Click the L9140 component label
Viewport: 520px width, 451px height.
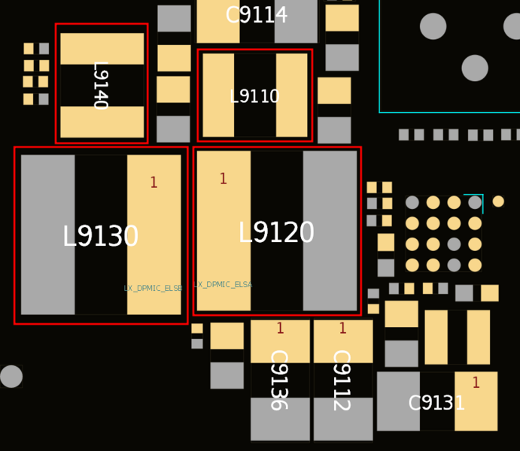click(x=99, y=85)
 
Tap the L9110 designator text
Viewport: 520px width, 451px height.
click(x=254, y=97)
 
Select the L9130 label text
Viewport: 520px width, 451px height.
click(x=100, y=238)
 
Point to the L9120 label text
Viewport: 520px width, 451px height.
click(x=276, y=234)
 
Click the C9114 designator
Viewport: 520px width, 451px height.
click(x=257, y=16)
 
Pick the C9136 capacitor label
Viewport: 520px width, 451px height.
click(x=278, y=380)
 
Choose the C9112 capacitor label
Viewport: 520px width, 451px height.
click(x=341, y=380)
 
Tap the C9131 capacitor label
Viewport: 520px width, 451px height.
click(x=436, y=404)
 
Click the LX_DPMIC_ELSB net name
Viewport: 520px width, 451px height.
click(x=153, y=289)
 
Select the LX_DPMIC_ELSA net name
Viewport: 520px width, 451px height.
click(x=223, y=285)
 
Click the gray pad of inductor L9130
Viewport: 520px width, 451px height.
click(x=47, y=235)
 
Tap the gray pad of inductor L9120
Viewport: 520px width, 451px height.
click(x=330, y=231)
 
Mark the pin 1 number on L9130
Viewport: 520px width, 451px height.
click(x=154, y=183)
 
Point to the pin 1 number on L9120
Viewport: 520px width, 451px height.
click(x=223, y=179)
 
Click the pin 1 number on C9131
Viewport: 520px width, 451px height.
click(x=476, y=383)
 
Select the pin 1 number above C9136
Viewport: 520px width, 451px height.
click(x=280, y=328)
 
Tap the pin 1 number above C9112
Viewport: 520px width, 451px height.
click(x=342, y=328)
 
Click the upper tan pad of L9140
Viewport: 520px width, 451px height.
click(x=102, y=48)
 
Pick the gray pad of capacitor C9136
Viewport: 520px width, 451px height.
click(x=280, y=419)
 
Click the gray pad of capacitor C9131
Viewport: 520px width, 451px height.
click(x=398, y=401)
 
